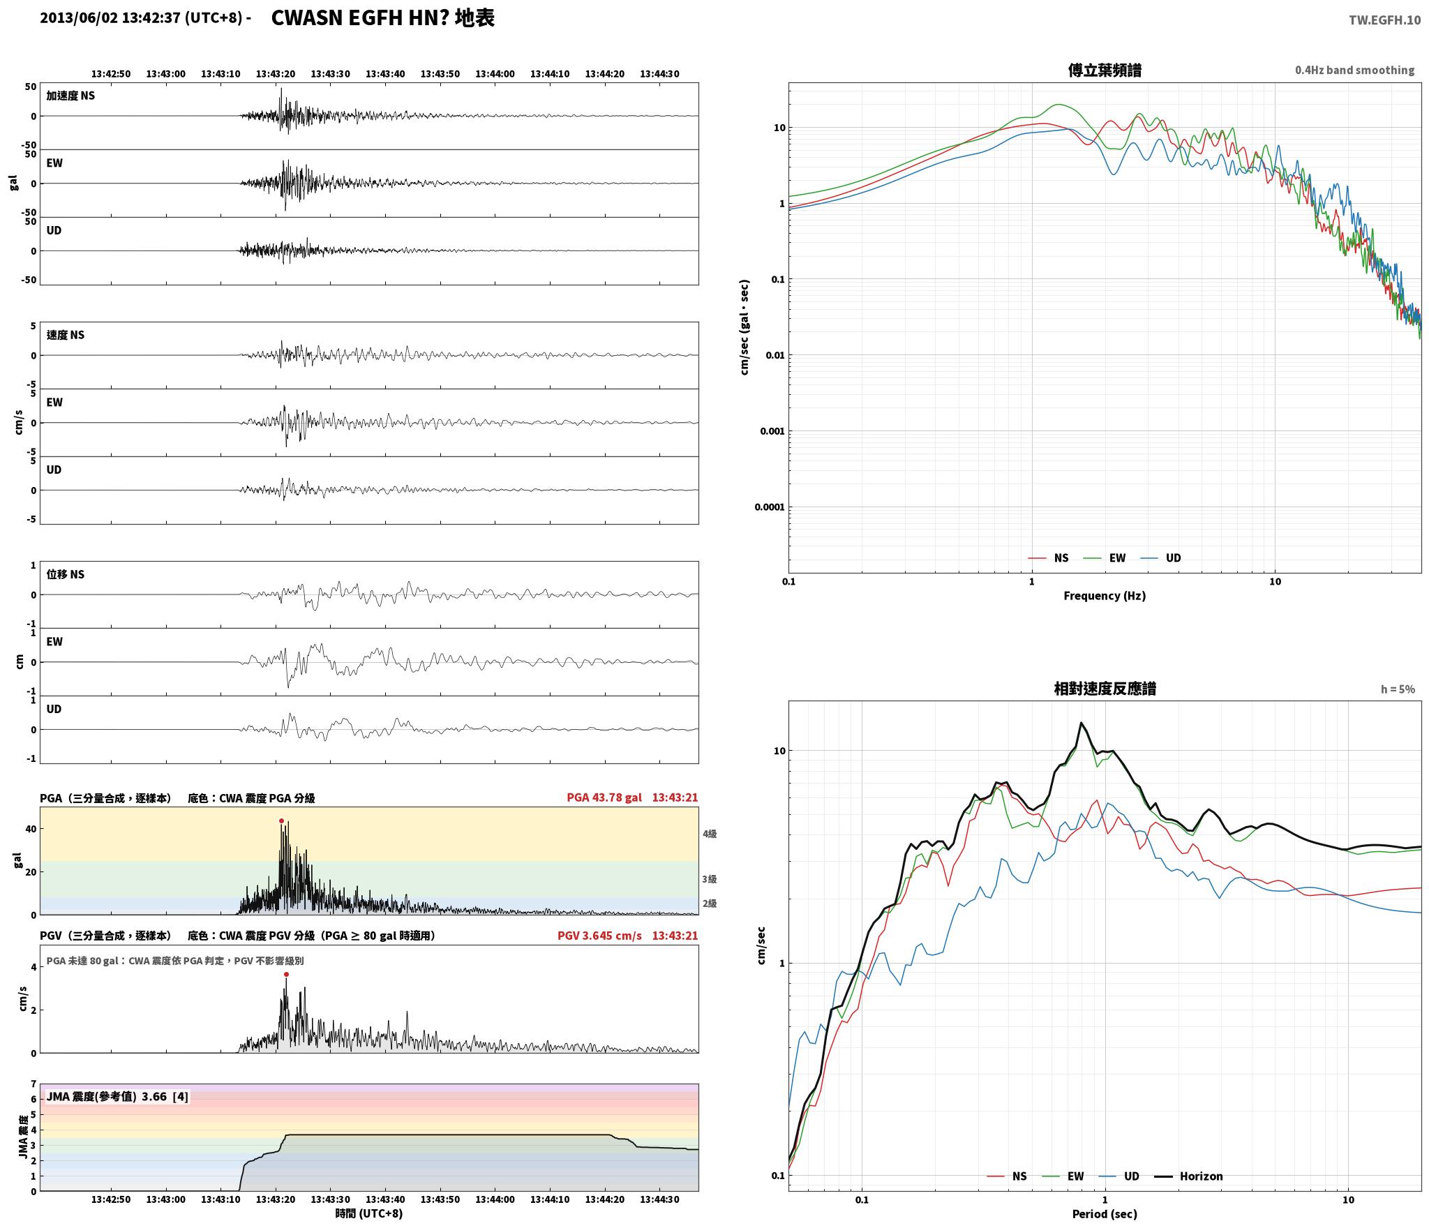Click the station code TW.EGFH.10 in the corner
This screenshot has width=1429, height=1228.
pyautogui.click(x=1384, y=20)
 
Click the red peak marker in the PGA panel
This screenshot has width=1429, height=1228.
pyautogui.click(x=282, y=821)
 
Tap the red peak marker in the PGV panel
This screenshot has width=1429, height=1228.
pyautogui.click(x=286, y=974)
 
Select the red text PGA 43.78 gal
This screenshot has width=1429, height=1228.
pyautogui.click(x=604, y=798)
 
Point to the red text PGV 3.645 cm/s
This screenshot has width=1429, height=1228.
pyautogui.click(x=599, y=936)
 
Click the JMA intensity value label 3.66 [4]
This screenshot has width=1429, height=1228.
pyautogui.click(x=165, y=1097)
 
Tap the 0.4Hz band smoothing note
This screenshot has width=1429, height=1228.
pyautogui.click(x=1354, y=70)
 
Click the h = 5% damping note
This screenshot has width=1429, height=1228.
pyautogui.click(x=1398, y=689)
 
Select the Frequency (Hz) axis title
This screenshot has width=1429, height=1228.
pyautogui.click(x=1105, y=596)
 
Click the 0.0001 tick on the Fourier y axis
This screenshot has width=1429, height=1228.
pyautogui.click(x=770, y=507)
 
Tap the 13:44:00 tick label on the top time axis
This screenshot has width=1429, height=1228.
pyautogui.click(x=495, y=74)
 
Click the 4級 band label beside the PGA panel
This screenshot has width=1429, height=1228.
pyautogui.click(x=710, y=834)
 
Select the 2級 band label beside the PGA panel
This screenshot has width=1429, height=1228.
pyautogui.click(x=710, y=904)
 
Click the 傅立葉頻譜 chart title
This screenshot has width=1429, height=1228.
pyautogui.click(x=1105, y=70)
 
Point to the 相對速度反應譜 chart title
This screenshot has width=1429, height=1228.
pyautogui.click(x=1105, y=689)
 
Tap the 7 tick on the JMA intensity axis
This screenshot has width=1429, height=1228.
pyautogui.click(x=33, y=1084)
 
